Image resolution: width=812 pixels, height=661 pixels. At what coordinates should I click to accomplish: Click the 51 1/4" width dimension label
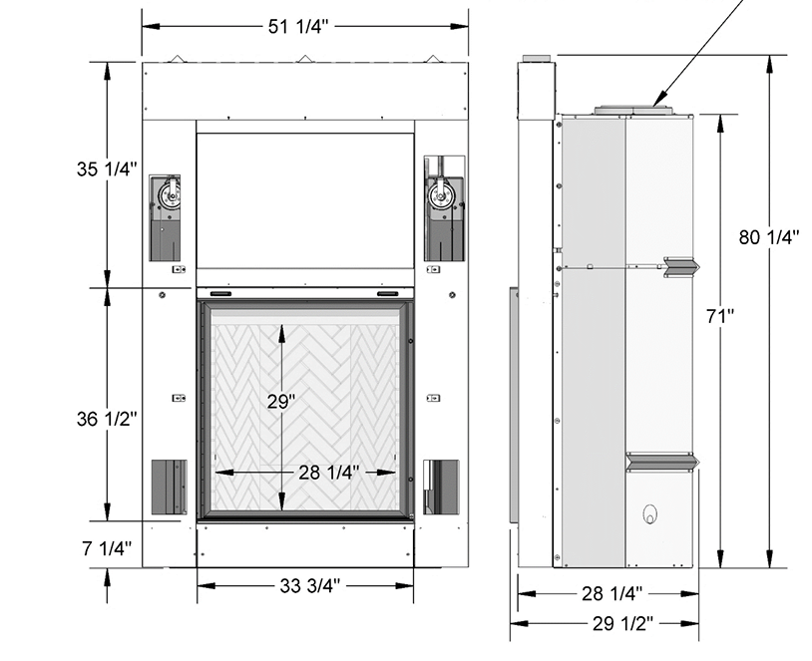click(x=298, y=26)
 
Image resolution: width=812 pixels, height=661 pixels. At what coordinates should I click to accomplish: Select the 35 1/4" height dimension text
click(x=107, y=168)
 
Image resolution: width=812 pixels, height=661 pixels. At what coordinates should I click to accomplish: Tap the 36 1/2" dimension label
click(x=107, y=419)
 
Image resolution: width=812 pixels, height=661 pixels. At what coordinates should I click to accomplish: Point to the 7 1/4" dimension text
click(x=107, y=548)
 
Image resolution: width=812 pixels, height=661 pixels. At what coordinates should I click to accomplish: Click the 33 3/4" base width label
click(x=310, y=585)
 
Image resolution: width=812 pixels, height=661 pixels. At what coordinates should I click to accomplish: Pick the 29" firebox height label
click(x=281, y=401)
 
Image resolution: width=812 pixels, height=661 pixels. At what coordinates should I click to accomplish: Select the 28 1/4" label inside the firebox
click(x=329, y=472)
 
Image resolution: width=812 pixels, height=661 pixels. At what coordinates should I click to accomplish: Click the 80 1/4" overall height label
click(x=769, y=237)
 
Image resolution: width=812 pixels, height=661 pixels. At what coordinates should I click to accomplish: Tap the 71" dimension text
click(x=720, y=316)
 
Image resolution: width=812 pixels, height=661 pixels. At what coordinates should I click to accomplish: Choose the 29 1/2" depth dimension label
click(x=623, y=624)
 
